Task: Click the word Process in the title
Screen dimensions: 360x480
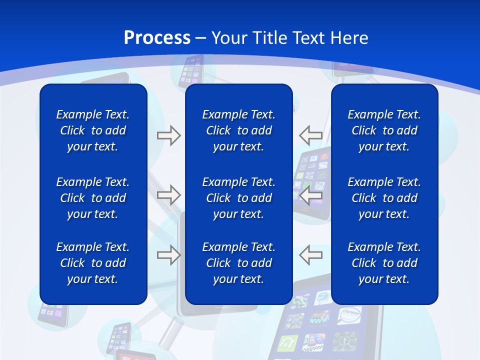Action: [x=157, y=38]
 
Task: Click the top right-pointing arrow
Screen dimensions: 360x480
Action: [x=168, y=135]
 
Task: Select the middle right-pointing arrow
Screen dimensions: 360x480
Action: [x=168, y=195]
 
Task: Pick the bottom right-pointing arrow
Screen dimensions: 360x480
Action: [x=168, y=254]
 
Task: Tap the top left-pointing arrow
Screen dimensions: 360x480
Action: [x=311, y=135]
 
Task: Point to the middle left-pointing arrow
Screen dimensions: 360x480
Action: [x=311, y=195]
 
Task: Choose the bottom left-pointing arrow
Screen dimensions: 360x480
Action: [x=311, y=254]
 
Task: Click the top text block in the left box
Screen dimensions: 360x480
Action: [x=93, y=130]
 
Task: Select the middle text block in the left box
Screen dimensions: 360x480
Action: [x=93, y=198]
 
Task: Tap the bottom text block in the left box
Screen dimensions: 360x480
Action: [x=93, y=263]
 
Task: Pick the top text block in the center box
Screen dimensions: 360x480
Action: [x=239, y=130]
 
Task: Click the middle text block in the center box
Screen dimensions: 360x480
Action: [x=239, y=198]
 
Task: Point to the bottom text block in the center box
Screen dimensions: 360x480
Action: [x=239, y=263]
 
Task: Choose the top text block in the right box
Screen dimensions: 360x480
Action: [x=384, y=130]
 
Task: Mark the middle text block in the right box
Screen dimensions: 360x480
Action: [x=384, y=198]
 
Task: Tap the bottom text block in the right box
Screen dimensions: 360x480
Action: [x=384, y=263]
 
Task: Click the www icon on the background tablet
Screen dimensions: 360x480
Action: [x=318, y=319]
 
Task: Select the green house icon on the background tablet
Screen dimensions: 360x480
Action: [x=288, y=343]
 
